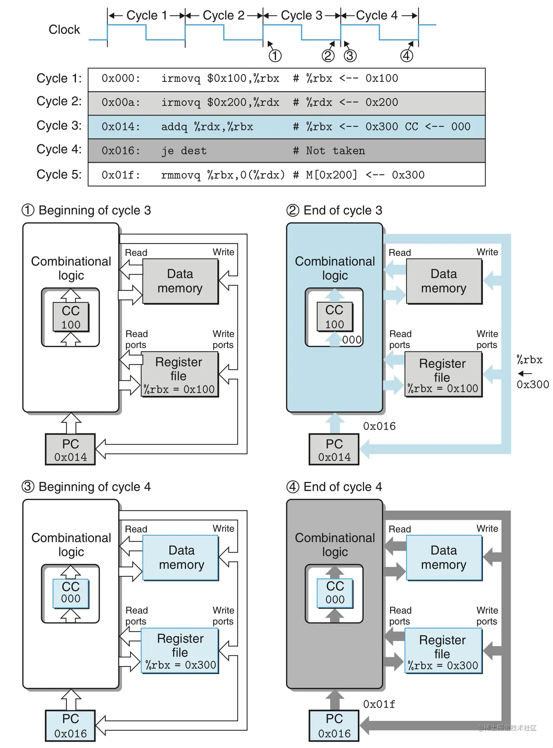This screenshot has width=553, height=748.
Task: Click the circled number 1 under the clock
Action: (x=275, y=56)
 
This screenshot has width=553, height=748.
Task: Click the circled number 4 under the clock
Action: (x=406, y=56)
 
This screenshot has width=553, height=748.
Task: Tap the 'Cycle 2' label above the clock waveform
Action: (x=223, y=15)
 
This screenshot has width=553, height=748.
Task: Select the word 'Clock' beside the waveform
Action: (x=64, y=30)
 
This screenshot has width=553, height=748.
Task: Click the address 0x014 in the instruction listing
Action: (x=121, y=127)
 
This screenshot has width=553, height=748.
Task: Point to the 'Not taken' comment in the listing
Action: (x=335, y=151)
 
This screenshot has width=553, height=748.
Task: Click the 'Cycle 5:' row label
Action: (x=59, y=175)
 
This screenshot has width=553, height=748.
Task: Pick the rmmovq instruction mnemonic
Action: (x=181, y=175)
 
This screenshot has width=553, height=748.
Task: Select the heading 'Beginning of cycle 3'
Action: (x=94, y=210)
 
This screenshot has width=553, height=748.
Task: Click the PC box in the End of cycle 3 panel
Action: (x=334, y=449)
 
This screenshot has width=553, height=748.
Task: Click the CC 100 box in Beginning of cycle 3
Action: (x=71, y=317)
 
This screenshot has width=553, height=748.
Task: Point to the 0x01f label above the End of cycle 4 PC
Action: (x=379, y=704)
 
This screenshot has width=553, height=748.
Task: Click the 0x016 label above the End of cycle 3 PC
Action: (x=379, y=426)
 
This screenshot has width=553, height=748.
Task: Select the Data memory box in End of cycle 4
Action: (x=444, y=558)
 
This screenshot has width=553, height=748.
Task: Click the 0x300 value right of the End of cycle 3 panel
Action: (x=533, y=385)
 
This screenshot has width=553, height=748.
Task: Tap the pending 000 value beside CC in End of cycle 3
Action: (x=352, y=340)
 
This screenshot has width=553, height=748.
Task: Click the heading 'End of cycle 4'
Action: (x=343, y=487)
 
